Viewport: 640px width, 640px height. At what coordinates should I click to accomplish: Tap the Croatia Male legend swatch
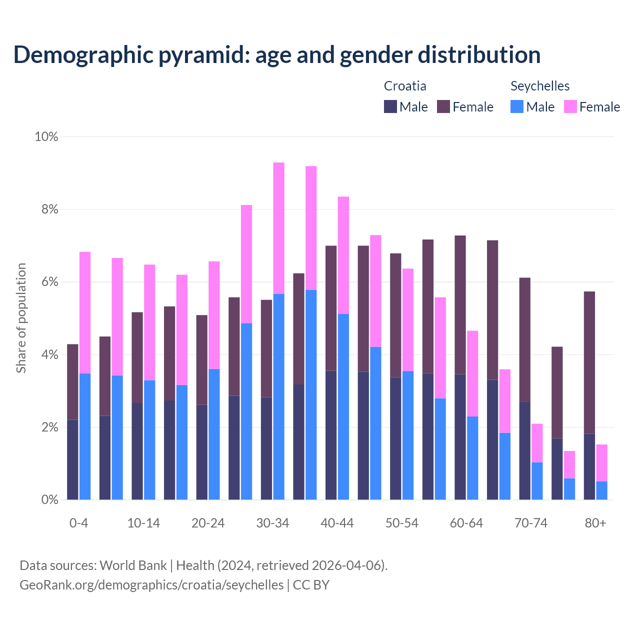point(390,106)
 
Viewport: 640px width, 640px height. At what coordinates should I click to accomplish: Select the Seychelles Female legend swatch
point(570,106)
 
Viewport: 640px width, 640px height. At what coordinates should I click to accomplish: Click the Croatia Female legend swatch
point(443,106)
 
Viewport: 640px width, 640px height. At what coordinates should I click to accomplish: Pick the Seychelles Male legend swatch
point(517,106)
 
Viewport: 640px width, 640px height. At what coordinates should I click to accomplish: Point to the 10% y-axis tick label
point(46,136)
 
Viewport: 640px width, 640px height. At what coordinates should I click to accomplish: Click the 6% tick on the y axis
point(49,282)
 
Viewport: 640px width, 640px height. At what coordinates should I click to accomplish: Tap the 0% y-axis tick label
point(49,499)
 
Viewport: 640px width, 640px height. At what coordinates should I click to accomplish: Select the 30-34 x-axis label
point(272,523)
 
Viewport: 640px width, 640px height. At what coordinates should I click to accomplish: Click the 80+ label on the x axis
point(595,523)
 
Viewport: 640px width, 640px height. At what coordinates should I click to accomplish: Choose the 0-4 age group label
point(79,523)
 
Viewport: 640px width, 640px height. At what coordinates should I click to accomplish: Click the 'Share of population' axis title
point(21,318)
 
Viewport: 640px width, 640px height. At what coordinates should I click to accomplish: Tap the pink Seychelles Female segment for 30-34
point(279,228)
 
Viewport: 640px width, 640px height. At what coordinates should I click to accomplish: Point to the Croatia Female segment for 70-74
point(524,339)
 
